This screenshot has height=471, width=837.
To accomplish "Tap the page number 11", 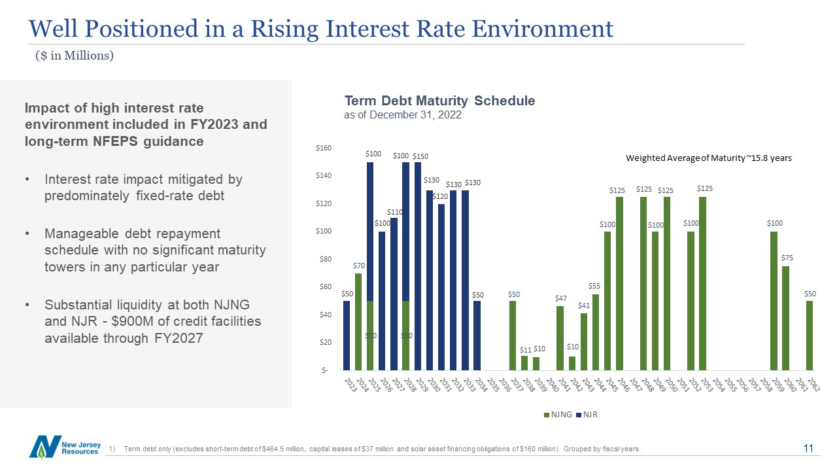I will point(808,448).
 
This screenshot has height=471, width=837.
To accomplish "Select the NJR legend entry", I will point(590,415).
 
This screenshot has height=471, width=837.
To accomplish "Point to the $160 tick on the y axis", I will point(324,148).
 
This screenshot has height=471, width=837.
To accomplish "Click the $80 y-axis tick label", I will point(325,259).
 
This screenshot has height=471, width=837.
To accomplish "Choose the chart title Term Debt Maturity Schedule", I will point(439,101).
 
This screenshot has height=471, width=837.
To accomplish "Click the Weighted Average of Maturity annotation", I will point(708,158).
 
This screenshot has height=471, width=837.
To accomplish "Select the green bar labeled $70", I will point(358,321).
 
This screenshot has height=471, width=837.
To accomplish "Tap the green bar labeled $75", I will point(785,318).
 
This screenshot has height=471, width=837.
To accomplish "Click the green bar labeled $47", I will point(560,338).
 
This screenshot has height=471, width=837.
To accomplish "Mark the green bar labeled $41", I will point(584,341).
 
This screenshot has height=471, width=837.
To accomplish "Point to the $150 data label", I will point(420,156).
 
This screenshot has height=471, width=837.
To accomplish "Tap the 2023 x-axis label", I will point(348,385).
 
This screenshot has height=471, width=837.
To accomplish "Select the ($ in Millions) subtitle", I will point(75,56).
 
